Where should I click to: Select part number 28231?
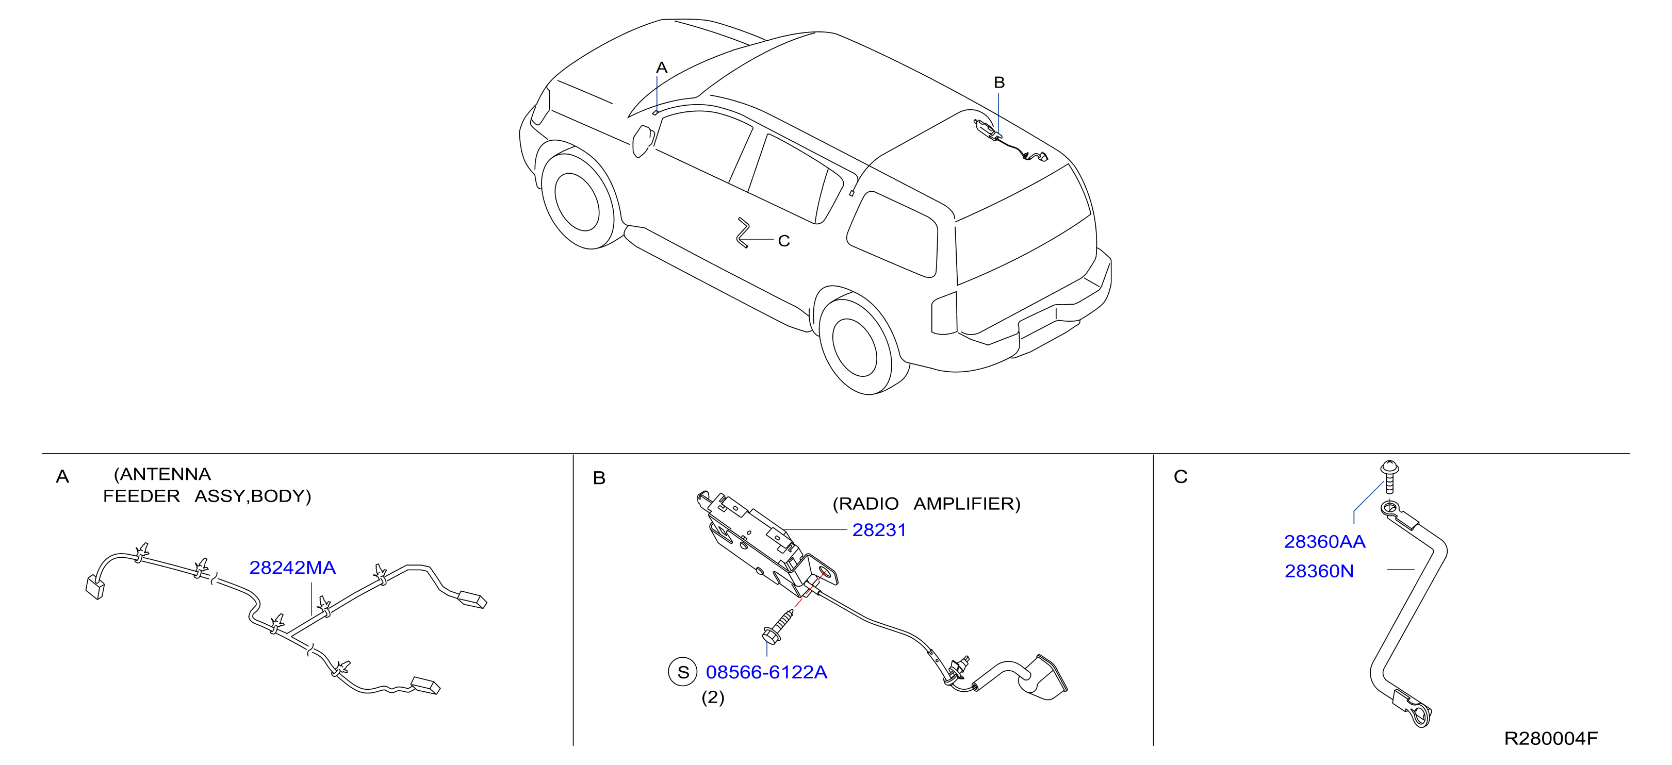[x=879, y=530]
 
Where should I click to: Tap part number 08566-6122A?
[x=766, y=672]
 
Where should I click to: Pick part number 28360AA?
[x=1325, y=542]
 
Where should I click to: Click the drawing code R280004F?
[x=1551, y=738]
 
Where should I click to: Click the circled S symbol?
[x=683, y=672]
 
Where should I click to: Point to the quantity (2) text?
[x=713, y=697]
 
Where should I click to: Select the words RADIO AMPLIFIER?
[x=926, y=504]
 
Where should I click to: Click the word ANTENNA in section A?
[x=162, y=474]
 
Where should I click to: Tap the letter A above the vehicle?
[x=661, y=68]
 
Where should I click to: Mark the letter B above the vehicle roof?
[x=999, y=82]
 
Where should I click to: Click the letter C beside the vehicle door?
[x=783, y=241]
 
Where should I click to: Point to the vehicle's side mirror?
[x=643, y=141]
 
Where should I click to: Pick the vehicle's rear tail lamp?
[x=944, y=313]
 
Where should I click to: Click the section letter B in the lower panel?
[x=599, y=478]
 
